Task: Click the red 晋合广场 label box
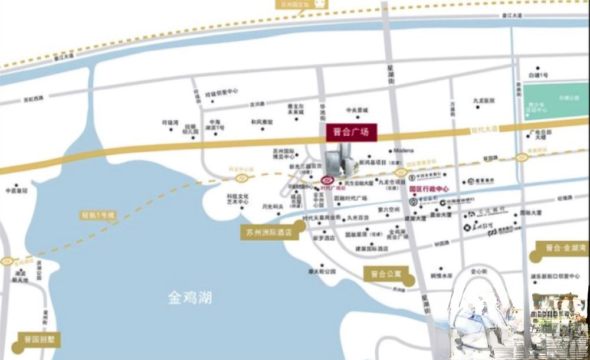[x=350, y=132]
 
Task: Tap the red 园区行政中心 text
[x=430, y=189]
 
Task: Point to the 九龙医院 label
[x=483, y=101]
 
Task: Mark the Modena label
[x=404, y=150]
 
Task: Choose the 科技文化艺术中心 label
[x=237, y=198]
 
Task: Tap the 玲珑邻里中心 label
[x=221, y=92]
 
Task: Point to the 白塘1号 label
[x=538, y=76]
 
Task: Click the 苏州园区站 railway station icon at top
[x=320, y=4]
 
